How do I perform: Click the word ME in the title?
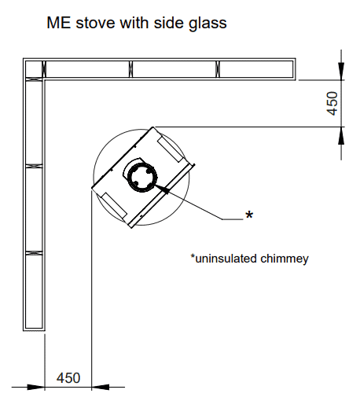tap(59, 23)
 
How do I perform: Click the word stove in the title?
tap(95, 23)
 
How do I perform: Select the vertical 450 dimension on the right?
tap(332, 103)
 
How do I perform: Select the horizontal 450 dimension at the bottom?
tap(68, 378)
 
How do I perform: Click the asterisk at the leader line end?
tap(249, 215)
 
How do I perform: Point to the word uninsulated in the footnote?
tap(226, 259)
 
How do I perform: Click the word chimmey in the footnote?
tap(285, 259)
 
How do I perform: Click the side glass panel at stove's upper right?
tap(170, 149)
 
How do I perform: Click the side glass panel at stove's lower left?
tap(114, 205)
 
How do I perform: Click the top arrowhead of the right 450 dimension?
tap(341, 71)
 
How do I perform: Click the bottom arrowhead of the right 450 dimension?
tap(341, 135)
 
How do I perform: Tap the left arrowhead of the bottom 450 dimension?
tap(35, 387)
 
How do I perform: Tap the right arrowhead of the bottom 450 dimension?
tap(101, 387)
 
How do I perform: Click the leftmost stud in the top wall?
tap(44, 69)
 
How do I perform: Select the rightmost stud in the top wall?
tap(218, 69)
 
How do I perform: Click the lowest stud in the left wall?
tap(34, 253)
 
